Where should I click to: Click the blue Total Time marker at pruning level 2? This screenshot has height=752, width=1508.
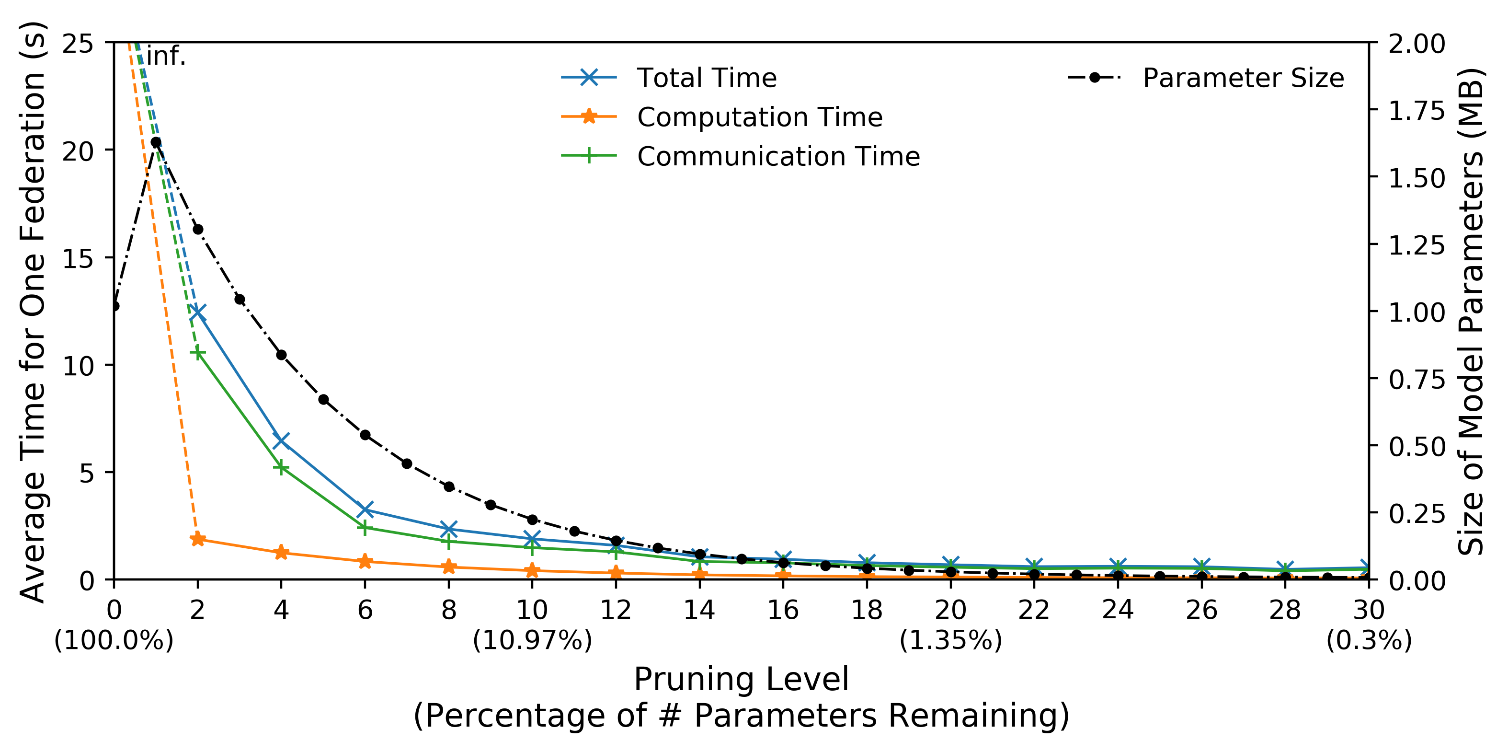click(198, 312)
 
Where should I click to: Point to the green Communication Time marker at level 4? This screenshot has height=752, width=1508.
click(282, 467)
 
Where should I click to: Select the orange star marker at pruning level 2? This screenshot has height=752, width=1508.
click(198, 539)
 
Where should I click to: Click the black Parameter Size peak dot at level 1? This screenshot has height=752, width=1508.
click(156, 142)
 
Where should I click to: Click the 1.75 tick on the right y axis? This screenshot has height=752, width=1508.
click(1417, 111)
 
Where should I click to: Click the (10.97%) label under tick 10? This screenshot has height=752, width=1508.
click(532, 641)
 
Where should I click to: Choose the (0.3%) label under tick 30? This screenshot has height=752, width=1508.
click(1369, 641)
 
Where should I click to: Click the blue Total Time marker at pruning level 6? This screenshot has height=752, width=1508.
click(366, 509)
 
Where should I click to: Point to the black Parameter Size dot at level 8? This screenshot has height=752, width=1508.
click(449, 486)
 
